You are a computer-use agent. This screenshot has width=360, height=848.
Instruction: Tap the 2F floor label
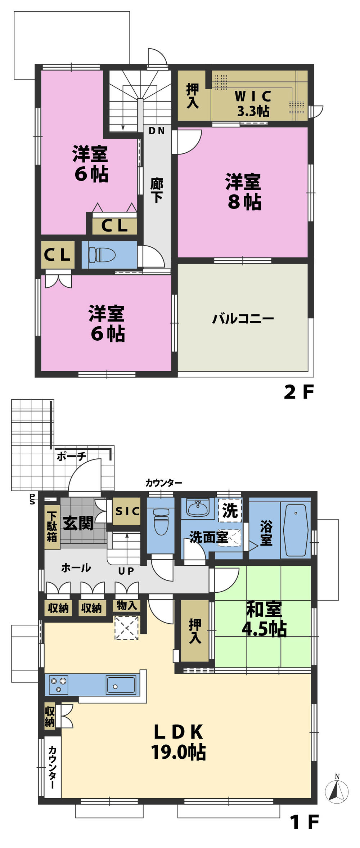click(299, 392)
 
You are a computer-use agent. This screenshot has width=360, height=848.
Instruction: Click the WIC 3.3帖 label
click(253, 104)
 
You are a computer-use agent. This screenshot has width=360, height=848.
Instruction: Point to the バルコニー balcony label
click(243, 319)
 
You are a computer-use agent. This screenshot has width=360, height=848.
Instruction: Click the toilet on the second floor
click(102, 255)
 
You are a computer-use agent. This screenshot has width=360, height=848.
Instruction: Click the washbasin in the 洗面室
click(197, 508)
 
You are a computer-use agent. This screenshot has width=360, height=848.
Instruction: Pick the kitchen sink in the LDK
click(121, 685)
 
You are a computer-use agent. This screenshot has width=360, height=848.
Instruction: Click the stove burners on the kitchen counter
click(59, 685)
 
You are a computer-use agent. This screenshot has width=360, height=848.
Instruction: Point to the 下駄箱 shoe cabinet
click(52, 527)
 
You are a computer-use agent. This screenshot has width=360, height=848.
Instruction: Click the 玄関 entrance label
click(78, 523)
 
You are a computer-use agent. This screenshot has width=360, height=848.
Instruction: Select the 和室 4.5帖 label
click(264, 619)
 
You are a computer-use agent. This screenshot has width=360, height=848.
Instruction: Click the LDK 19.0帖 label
click(178, 742)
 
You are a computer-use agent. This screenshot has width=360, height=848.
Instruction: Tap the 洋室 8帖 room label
click(244, 192)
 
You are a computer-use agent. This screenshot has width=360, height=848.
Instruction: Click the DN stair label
click(157, 131)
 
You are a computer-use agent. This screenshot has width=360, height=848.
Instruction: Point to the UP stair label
click(126, 571)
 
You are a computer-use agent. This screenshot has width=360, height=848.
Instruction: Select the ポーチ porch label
click(72, 457)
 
